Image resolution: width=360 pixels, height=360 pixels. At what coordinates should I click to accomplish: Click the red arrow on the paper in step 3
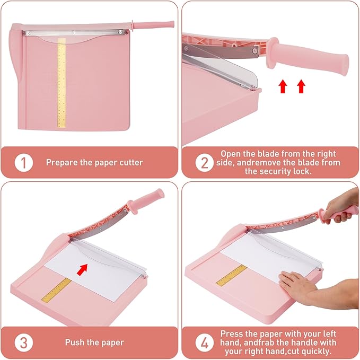(x=81, y=270)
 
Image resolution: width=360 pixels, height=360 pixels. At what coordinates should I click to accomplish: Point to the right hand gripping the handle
(x=339, y=208)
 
